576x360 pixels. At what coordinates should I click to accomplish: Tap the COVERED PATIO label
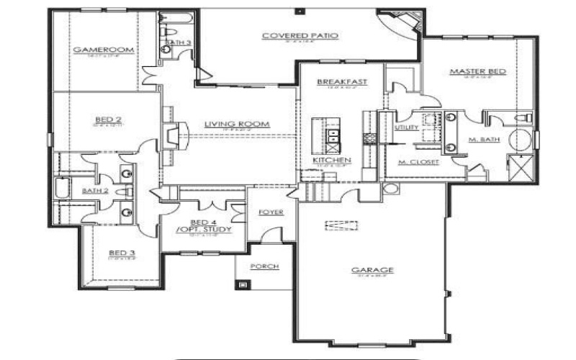[x=300, y=35]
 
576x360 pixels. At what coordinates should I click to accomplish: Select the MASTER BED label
[x=477, y=71]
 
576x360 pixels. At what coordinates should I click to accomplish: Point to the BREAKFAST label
[x=342, y=82]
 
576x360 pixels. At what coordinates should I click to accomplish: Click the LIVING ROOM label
[x=227, y=124]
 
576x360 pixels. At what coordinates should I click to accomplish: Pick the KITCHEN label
[x=331, y=159]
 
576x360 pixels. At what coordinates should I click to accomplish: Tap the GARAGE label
[x=372, y=270]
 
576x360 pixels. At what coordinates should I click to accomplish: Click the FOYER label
[x=271, y=212]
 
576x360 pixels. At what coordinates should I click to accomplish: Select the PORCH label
[x=264, y=266]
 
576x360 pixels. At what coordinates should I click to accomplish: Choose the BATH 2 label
[x=94, y=191]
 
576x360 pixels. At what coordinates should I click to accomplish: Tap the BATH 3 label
[x=177, y=43]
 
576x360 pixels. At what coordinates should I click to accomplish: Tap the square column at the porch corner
[x=242, y=284]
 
